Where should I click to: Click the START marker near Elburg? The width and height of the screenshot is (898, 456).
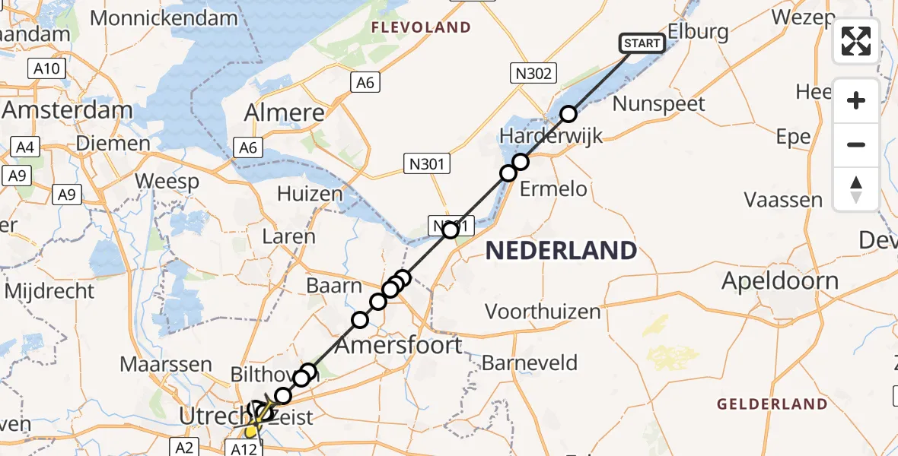click(x=642, y=43)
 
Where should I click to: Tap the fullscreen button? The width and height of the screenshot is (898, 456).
click(x=856, y=41)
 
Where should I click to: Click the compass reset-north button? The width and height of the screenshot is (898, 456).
click(x=856, y=189)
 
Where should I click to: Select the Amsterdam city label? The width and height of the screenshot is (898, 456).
click(x=67, y=110)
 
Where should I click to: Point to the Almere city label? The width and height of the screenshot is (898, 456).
click(x=284, y=113)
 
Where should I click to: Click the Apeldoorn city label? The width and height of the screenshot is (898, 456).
click(x=780, y=281)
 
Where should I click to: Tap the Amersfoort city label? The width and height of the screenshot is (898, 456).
click(x=399, y=346)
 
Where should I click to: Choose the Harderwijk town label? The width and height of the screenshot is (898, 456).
click(x=551, y=137)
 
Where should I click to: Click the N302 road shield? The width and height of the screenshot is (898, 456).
click(x=533, y=74)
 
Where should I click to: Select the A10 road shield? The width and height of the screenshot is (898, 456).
click(x=47, y=69)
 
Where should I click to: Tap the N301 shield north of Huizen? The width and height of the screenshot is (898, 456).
click(x=428, y=163)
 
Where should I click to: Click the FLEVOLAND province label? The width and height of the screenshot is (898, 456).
click(x=421, y=28)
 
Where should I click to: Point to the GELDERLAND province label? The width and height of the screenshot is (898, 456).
click(x=772, y=404)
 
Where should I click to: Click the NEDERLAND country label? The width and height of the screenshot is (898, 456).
click(x=561, y=250)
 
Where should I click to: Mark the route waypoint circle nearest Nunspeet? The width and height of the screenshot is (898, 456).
click(x=568, y=114)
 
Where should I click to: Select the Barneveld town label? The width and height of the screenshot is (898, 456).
click(x=530, y=363)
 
